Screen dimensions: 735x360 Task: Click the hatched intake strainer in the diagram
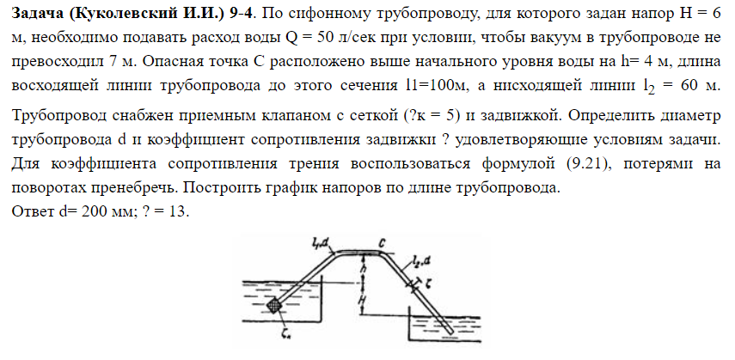point(274,306)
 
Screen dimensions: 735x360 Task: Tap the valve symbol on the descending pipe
point(413,284)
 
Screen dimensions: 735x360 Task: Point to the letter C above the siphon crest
point(382,243)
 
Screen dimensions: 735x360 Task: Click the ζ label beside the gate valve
point(428,284)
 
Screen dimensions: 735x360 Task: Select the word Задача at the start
point(35,13)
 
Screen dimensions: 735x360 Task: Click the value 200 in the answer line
point(90,211)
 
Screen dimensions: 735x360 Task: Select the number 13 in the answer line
point(178,211)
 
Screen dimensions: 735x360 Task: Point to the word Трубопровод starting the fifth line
point(59,115)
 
